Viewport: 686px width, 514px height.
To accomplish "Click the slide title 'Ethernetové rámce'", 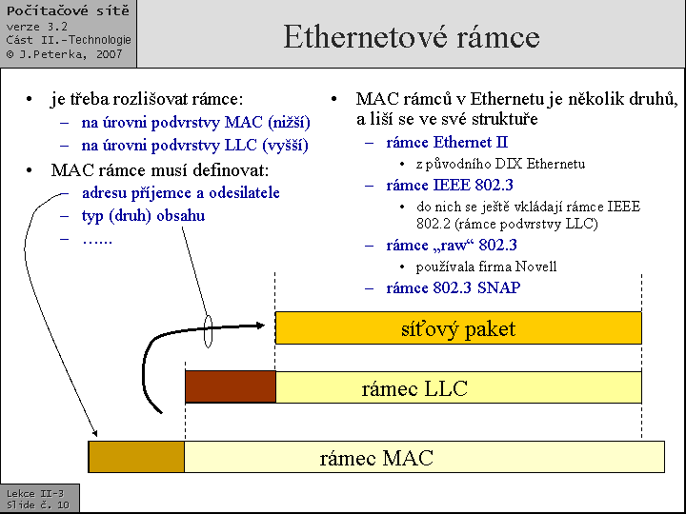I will tap(412, 37).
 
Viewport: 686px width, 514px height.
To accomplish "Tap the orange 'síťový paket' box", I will tap(458, 328).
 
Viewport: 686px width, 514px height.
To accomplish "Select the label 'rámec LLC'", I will tap(414, 388).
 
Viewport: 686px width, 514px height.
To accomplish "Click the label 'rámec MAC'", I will tap(376, 458).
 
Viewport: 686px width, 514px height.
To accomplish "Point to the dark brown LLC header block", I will tap(230, 387).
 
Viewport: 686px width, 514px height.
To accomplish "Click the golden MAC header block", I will tap(136, 457).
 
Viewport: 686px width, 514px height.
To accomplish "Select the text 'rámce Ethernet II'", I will tap(447, 143).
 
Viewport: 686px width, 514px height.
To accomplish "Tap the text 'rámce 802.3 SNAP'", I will tap(453, 287).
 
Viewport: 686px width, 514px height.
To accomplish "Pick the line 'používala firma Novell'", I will tap(486, 267).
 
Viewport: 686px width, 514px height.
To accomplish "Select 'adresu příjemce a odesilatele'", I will tap(181, 192).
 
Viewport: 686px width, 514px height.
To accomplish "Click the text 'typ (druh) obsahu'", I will tap(143, 215).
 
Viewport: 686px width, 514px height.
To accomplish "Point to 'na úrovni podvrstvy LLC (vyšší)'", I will tap(194, 146).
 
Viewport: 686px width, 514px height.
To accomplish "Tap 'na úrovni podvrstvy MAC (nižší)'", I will tap(195, 123).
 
